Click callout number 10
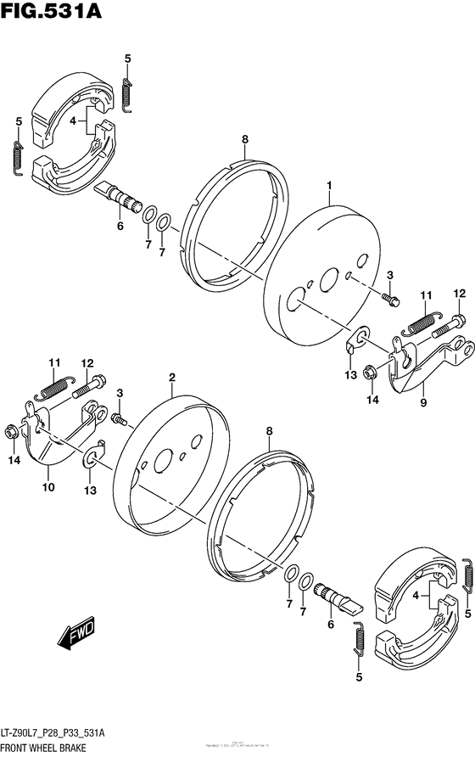[48, 487]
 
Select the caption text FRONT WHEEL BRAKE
[53, 748]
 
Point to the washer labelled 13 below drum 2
[89, 462]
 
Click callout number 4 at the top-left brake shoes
[74, 121]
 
